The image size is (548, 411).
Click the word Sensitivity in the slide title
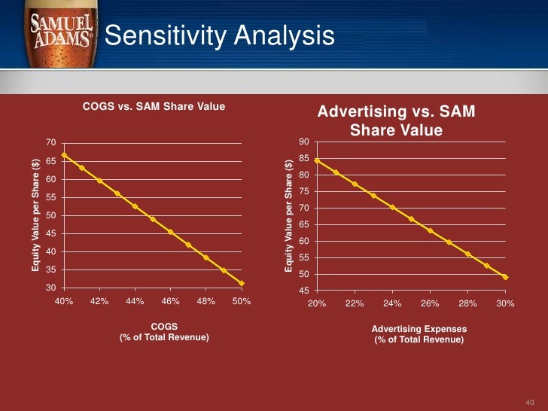157,35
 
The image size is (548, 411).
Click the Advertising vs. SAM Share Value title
396,120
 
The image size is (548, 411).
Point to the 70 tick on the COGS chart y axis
50,143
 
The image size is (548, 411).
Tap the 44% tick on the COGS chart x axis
135,301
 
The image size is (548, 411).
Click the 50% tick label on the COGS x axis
241,301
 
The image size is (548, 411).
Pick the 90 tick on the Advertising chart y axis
303,142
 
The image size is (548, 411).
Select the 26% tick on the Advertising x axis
429,304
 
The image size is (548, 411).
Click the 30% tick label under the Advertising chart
504,304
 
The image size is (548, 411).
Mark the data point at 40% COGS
64,155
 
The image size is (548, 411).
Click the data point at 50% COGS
242,283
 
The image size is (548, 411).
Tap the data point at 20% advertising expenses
317,160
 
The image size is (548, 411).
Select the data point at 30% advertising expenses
505,277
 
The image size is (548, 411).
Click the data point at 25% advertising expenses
411,219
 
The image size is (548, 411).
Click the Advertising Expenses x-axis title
419,334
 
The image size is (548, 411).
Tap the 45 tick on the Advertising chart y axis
303,291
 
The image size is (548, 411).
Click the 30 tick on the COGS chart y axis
50,288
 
